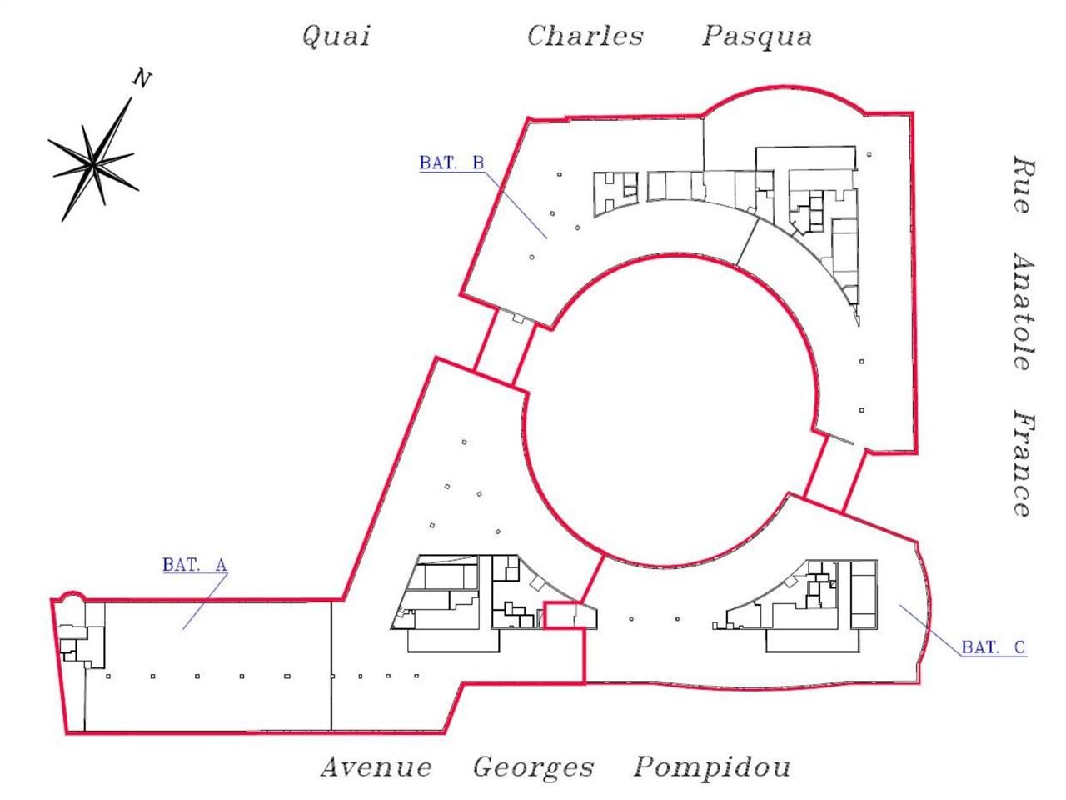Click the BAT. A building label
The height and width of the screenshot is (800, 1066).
194,564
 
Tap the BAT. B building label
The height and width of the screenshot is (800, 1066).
451,162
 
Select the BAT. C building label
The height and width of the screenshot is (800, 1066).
994,647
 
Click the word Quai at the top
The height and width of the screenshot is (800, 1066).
336,37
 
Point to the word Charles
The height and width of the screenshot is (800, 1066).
585,37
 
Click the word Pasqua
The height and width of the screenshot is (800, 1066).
756,37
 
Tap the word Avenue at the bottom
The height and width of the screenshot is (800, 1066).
376,767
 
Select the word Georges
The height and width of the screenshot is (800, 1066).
533,767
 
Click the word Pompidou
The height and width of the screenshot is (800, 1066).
712,767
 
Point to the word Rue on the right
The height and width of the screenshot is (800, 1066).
1024,185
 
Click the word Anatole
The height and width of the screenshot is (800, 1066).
1024,311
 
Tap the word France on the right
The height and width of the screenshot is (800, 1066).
1024,463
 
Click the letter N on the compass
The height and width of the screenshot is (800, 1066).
142,79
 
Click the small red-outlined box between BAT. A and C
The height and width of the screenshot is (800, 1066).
559,615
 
